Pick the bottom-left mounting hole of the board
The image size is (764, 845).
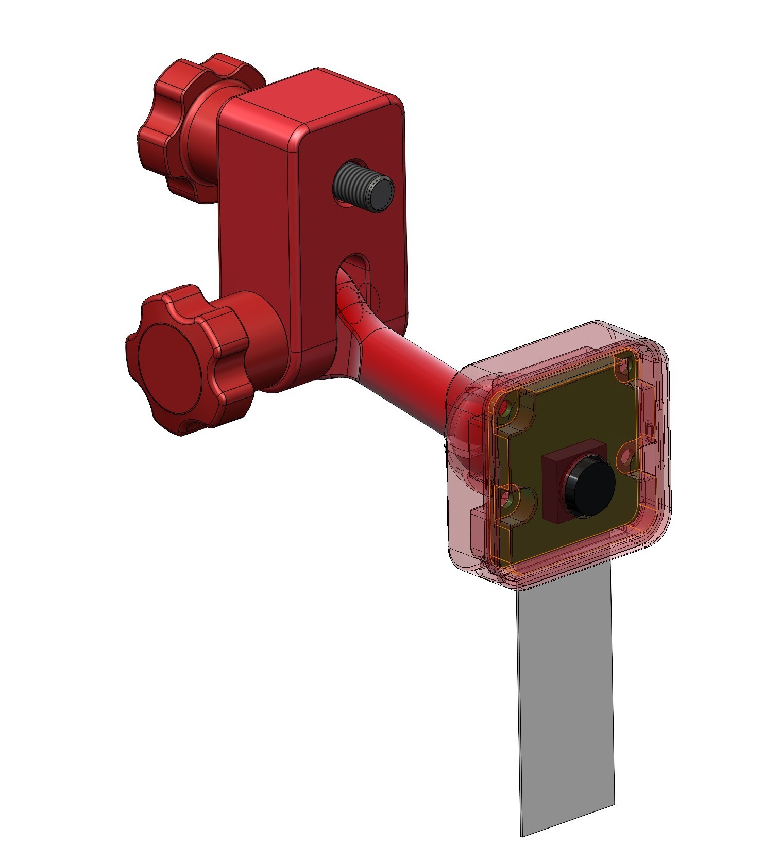click(509, 499)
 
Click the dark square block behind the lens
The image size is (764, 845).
click(554, 487)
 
